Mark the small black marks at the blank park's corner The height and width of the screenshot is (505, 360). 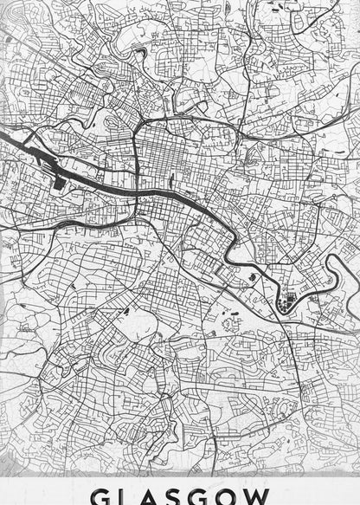(125, 310)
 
